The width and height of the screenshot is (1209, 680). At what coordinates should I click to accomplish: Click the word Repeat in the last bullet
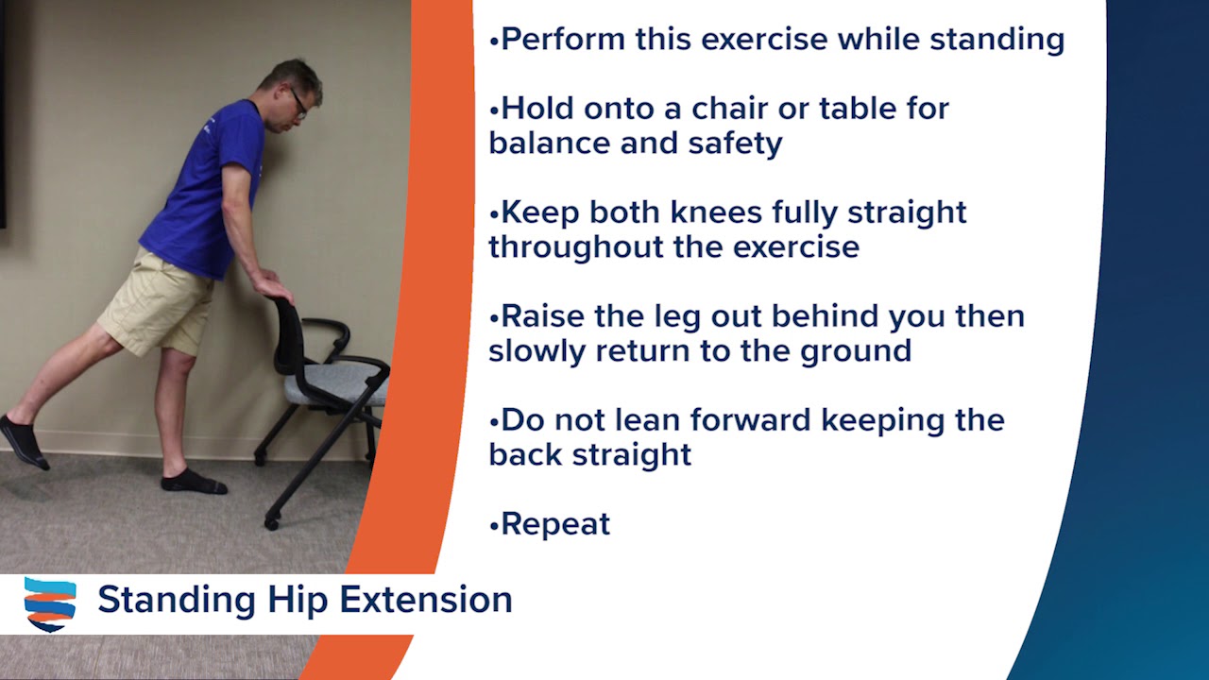coord(555,524)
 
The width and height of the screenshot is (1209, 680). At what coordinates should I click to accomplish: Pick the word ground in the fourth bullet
coord(856,350)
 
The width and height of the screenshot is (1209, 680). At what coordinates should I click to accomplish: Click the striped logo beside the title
coord(50,603)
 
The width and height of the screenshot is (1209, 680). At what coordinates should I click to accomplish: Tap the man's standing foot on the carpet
coord(193,482)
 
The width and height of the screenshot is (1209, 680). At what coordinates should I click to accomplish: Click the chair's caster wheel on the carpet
coord(272,520)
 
